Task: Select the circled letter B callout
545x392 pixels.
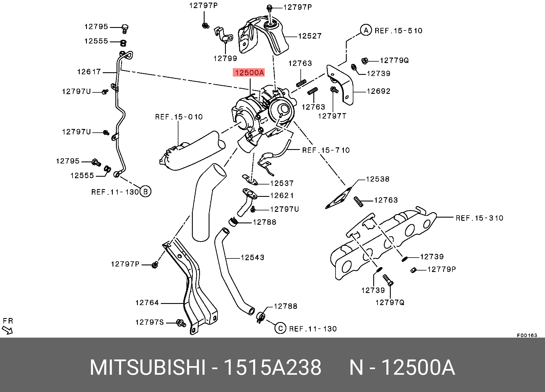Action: [145, 192]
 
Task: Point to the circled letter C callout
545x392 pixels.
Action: [280, 328]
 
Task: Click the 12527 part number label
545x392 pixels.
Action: [310, 36]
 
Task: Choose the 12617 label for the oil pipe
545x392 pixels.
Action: [89, 72]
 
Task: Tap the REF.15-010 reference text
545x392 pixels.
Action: [179, 117]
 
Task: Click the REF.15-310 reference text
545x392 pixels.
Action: [479, 218]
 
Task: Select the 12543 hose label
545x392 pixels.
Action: [252, 257]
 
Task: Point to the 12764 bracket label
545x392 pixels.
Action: [147, 302]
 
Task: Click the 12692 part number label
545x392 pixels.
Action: [379, 91]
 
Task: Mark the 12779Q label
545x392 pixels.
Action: [394, 60]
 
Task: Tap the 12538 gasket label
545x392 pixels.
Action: [378, 179]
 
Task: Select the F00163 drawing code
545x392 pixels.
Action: [527, 335]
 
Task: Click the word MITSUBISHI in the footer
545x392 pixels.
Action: [148, 368]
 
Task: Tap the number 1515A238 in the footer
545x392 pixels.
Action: [272, 368]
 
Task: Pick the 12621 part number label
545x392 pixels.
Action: [282, 195]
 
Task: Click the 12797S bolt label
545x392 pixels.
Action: [150, 322]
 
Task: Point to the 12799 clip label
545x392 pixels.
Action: [225, 58]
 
